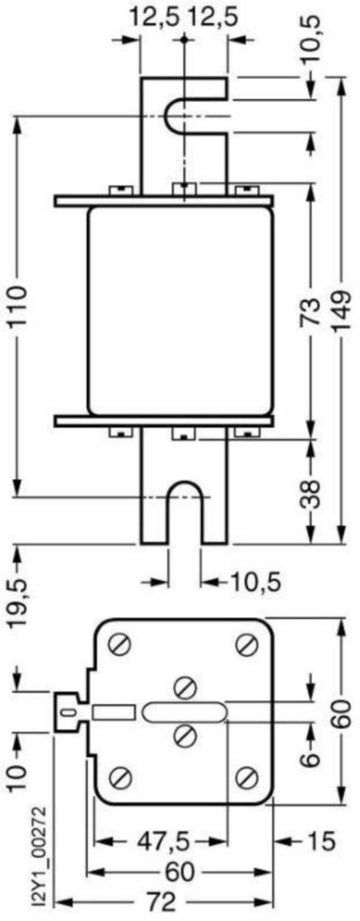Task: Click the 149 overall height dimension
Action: pyautogui.click(x=341, y=312)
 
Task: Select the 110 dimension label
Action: pyautogui.click(x=18, y=306)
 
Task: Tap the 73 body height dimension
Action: pyautogui.click(x=312, y=312)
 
